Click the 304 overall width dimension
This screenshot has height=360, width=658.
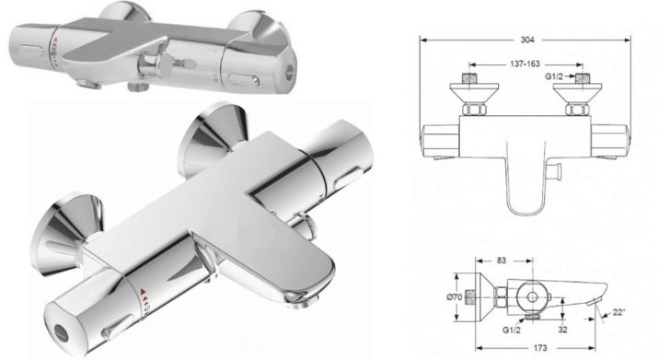[527, 40]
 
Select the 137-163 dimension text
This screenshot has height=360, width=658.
[525, 64]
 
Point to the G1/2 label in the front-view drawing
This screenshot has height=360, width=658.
[554, 76]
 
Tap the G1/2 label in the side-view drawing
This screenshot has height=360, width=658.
[512, 330]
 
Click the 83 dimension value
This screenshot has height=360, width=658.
[502, 261]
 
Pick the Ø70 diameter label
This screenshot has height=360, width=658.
[454, 297]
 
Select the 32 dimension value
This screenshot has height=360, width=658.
[563, 330]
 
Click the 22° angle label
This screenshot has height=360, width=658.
[619, 312]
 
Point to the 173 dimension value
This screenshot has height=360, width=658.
[540, 348]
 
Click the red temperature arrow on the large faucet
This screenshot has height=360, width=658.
[143, 291]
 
